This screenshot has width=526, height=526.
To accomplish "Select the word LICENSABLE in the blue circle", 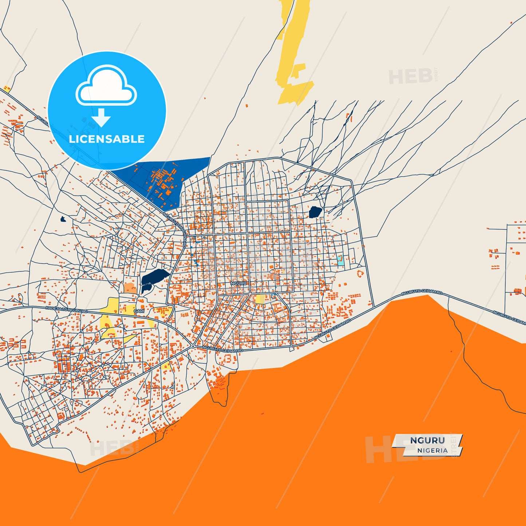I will tap(107, 139).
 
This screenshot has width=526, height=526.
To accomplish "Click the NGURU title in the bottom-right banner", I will tap(427, 440).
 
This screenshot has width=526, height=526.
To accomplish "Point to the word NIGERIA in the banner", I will tap(432, 450).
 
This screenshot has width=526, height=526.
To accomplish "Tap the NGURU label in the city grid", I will tap(238, 283).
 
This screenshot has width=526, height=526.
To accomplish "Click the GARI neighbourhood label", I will tap(139, 311).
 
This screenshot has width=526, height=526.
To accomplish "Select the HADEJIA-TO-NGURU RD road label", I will tap(67, 310).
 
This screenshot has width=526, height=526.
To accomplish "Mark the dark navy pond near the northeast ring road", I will tap(315, 212).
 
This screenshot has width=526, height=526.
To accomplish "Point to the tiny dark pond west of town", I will tap(63, 219).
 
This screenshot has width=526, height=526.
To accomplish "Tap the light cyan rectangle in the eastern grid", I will tap(341, 260).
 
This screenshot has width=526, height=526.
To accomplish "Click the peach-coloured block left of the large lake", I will tap(130, 288).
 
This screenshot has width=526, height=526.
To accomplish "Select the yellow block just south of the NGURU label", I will tap(260, 299).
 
